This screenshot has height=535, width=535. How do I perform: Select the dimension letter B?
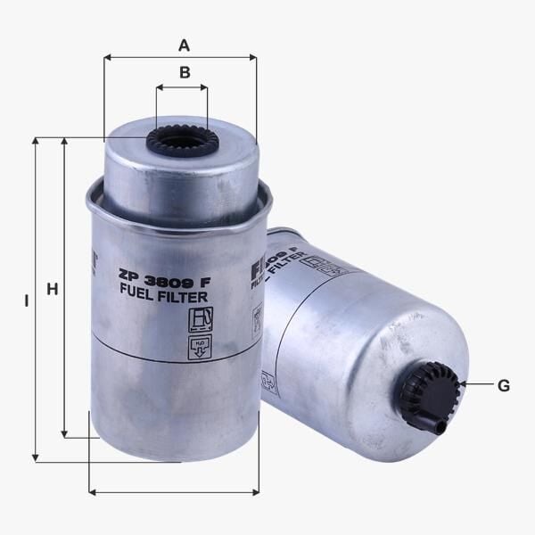tap(185, 73)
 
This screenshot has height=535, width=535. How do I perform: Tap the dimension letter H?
tap(52, 289)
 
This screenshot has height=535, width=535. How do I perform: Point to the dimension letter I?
tap(26, 302)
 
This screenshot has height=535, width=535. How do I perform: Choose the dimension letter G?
tap(504, 385)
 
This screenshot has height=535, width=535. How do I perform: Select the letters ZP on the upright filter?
tap(131, 276)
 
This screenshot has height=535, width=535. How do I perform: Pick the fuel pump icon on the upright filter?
tap(200, 319)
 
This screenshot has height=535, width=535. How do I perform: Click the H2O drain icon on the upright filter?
tap(200, 347)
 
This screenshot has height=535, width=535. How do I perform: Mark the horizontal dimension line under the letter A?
tap(180, 57)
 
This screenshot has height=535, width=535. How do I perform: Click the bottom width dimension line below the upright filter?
tap(174, 491)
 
